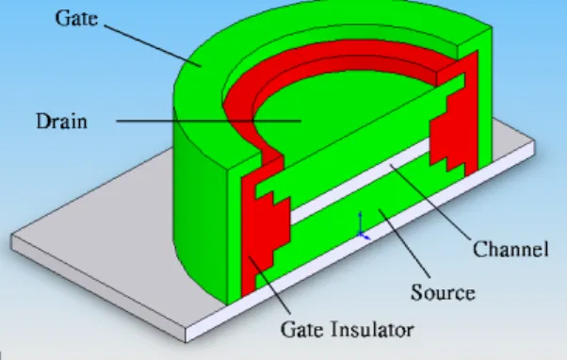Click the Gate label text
point(76,18)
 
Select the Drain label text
point(61,122)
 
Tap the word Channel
point(510,249)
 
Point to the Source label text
point(443,292)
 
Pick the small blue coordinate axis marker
point(363,227)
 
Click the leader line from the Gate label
point(153,46)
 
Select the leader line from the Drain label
point(209,121)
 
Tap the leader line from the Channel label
point(430,202)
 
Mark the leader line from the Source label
point(405,243)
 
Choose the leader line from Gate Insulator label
point(269,286)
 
